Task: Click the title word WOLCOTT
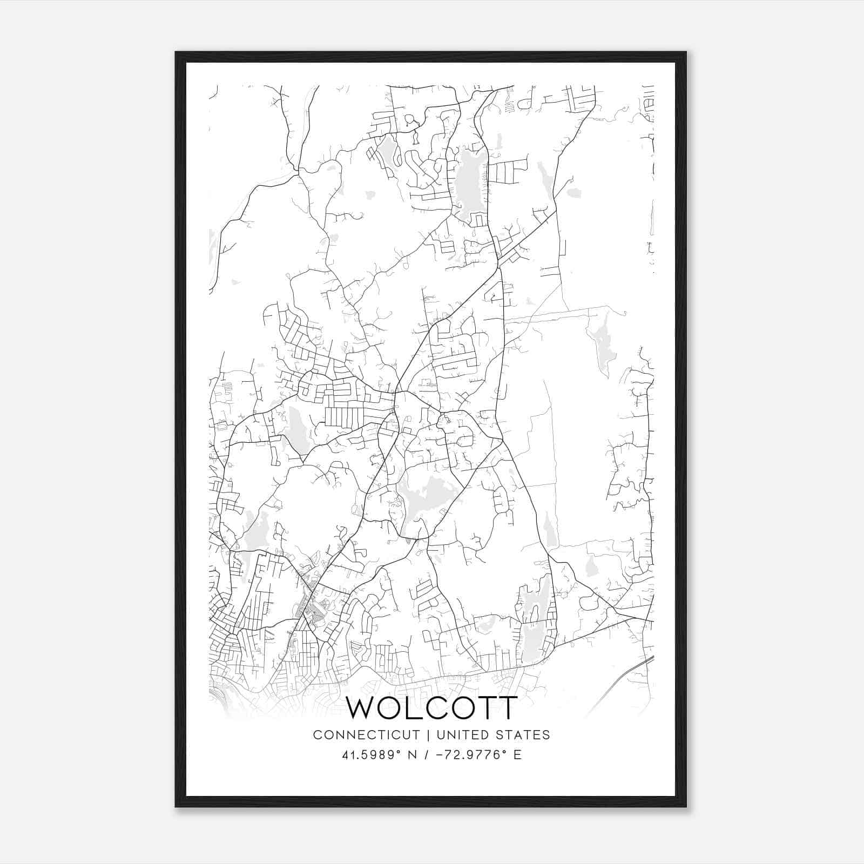[431, 708]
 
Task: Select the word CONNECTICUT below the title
[367, 734]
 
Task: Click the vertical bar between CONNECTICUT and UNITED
[428, 734]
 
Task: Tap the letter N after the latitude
[409, 754]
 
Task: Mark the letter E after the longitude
[517, 754]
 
